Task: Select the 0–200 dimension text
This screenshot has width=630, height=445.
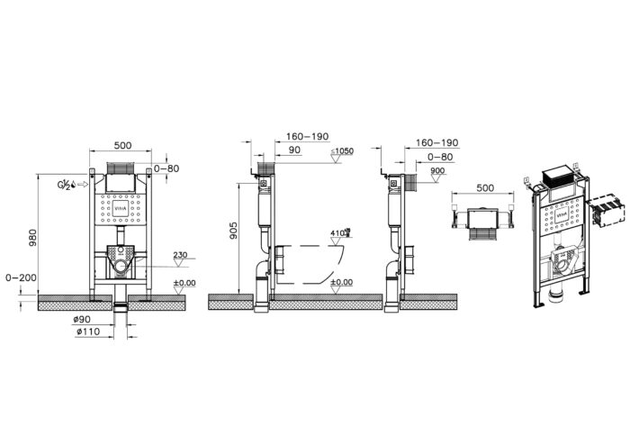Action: click(19, 277)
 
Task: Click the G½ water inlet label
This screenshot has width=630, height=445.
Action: click(67, 186)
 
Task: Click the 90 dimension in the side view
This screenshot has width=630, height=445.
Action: click(293, 150)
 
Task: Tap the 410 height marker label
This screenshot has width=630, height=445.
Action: click(338, 232)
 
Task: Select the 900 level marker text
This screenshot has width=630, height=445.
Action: click(437, 170)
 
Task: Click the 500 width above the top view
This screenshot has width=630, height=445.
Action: click(485, 187)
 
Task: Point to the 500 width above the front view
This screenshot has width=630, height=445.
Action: click(122, 145)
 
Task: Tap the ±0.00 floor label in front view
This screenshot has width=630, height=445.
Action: click(185, 284)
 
